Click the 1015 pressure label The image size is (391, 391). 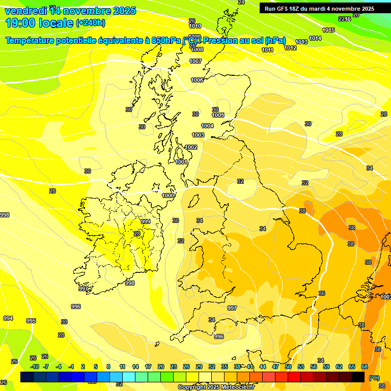pyautogui.click(x=328, y=30)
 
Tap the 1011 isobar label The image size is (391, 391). pyautogui.click(x=268, y=50)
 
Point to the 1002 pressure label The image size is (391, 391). pyautogui.click(x=191, y=147)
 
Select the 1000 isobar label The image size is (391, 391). pyautogui.click(x=168, y=195)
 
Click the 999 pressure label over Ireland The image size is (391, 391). pyautogui.click(x=146, y=221)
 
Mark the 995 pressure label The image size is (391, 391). pyautogui.click(x=31, y=321)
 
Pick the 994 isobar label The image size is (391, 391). pyautogui.click(x=8, y=318)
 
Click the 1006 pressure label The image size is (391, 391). pyautogui.click(x=197, y=80)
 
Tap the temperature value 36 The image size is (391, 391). pyautogui.click(x=322, y=293)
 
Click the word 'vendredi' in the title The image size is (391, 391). pyautogui.click(x=26, y=11)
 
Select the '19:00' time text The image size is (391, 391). pyautogui.click(x=23, y=22)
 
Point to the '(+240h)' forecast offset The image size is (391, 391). pyautogui.click(x=91, y=22)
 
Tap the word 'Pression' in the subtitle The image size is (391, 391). pyautogui.click(x=230, y=40)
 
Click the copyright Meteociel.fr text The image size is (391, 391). pyautogui.click(x=216, y=387)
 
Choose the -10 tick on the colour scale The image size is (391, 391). pyautogui.click(x=35, y=367)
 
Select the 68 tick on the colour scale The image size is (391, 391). pyautogui.click(x=365, y=367)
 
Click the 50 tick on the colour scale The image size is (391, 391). pyautogui.click(x=288, y=367)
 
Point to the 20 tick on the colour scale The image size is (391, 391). pyautogui.click(x=161, y=367)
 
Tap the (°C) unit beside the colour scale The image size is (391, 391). pyautogui.click(x=374, y=378)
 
